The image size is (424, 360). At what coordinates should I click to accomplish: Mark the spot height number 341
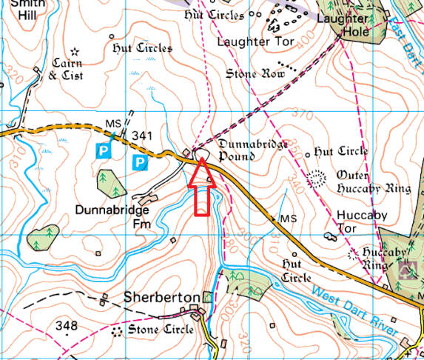click(141, 136)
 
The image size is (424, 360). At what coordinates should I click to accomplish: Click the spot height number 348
click(67, 325)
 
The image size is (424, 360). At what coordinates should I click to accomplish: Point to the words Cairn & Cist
click(67, 69)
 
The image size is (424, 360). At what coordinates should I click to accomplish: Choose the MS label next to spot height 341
click(113, 122)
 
